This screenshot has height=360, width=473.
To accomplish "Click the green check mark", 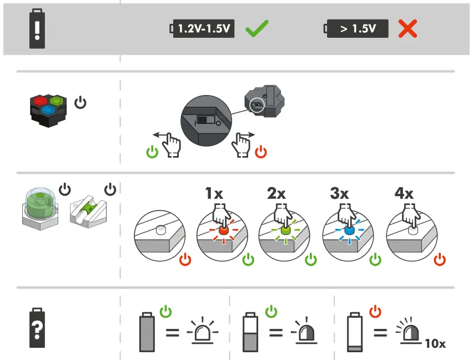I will [256, 28].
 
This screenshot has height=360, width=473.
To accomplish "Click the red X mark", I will [407, 28].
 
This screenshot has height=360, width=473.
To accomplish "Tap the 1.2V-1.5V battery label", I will [204, 29].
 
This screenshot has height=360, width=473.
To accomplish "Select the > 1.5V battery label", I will [357, 29].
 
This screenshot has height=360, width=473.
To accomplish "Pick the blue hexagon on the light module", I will [49, 110].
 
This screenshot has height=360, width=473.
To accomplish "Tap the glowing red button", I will [223, 229].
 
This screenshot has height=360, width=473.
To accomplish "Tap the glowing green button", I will [285, 229].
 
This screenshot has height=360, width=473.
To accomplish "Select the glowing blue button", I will [349, 229].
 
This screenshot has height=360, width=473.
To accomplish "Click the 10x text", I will [435, 343].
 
